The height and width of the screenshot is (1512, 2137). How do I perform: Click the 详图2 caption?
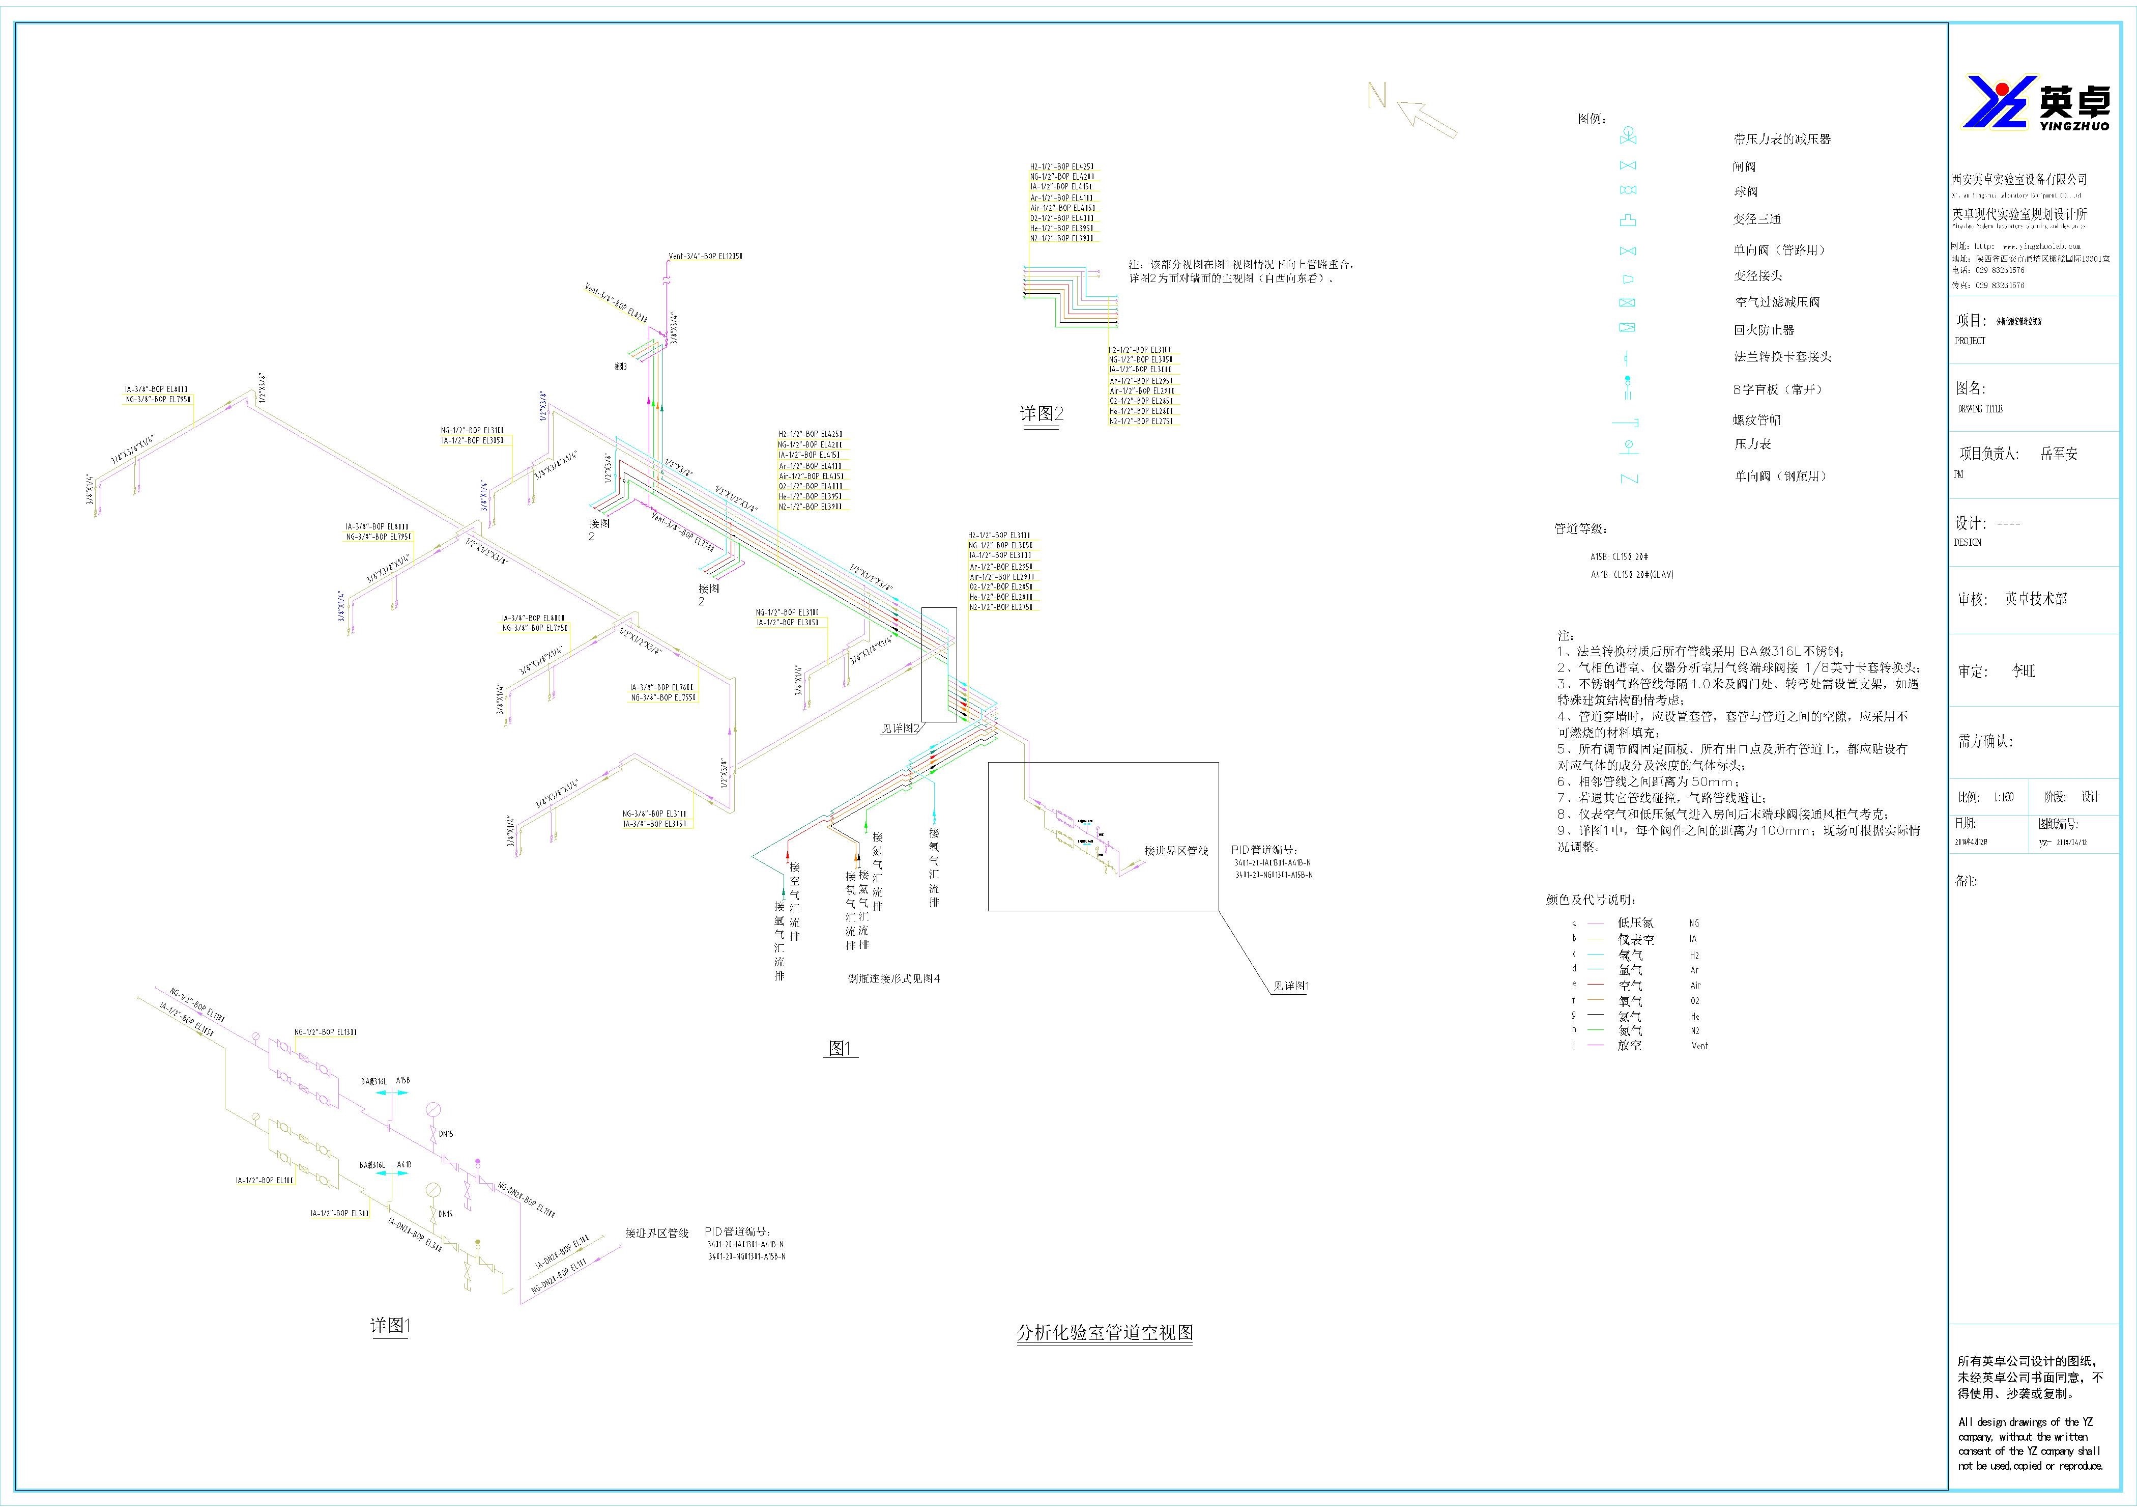(x=1042, y=414)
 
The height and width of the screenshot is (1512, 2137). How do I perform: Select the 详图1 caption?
(x=390, y=1326)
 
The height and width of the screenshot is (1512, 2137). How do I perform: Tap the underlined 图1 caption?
(x=841, y=1048)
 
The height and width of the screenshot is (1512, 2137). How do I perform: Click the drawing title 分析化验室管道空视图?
(x=1105, y=1332)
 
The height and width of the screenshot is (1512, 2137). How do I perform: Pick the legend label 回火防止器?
(x=1764, y=329)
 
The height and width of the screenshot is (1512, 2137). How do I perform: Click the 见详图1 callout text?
(x=1290, y=986)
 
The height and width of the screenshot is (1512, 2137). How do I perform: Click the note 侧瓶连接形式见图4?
(x=893, y=978)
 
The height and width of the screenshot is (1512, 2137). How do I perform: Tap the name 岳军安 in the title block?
(x=2059, y=454)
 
